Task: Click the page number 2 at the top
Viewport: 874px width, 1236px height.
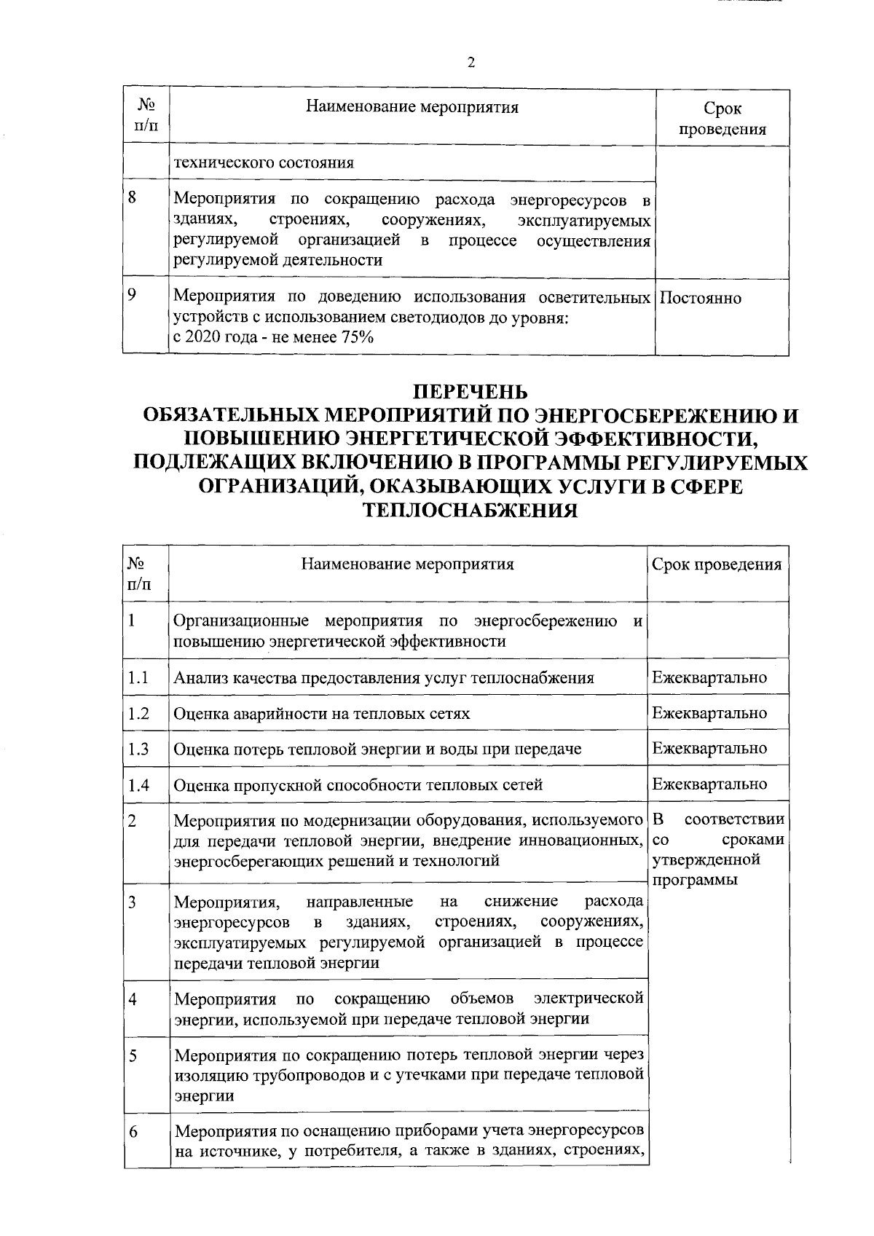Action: click(x=471, y=63)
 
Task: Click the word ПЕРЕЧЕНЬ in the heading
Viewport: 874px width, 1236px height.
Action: click(x=471, y=393)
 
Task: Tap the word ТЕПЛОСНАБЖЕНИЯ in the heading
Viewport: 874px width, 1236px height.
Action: click(x=471, y=510)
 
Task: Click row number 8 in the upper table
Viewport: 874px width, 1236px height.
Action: click(x=133, y=197)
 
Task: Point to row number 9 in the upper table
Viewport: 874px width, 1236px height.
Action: click(x=132, y=295)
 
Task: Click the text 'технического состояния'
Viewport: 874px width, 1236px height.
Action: click(x=264, y=162)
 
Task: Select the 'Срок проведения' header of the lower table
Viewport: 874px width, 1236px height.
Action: click(x=717, y=564)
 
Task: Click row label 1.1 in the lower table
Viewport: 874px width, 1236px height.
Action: click(x=138, y=678)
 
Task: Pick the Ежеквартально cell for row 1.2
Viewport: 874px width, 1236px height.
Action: click(x=709, y=713)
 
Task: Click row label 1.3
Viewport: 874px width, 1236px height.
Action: click(x=138, y=749)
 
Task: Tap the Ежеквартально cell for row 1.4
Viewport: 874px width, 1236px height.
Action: click(x=709, y=784)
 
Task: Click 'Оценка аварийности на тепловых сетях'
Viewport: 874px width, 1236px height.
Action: click(x=321, y=714)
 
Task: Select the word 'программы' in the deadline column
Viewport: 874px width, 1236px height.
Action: click(x=695, y=880)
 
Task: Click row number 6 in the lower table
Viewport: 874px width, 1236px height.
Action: click(x=133, y=1133)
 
